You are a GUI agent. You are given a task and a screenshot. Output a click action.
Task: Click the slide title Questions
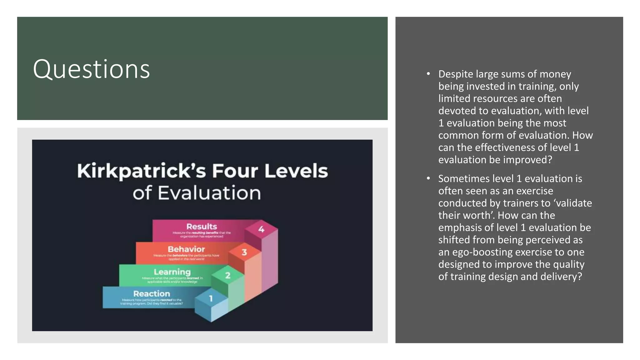tap(91, 69)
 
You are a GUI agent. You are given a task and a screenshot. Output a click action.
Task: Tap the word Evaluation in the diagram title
tap(209, 193)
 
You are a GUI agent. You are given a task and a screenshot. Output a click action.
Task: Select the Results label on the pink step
tap(202, 227)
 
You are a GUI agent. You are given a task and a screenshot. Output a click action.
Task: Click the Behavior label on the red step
tap(186, 249)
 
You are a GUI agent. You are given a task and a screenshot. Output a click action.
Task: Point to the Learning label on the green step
tap(172, 272)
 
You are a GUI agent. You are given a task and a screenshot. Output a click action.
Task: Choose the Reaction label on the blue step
tap(152, 294)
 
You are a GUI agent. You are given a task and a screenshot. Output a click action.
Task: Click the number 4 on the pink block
tap(261, 229)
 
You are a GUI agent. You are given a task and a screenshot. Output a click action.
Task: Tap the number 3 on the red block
tap(244, 252)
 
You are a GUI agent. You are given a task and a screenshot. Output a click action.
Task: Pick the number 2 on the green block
tap(227, 275)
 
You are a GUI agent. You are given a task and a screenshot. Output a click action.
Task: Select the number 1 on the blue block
tap(211, 298)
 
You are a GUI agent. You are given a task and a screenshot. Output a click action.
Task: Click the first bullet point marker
tap(428, 74)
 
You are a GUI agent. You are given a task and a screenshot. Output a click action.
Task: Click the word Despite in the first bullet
tap(456, 74)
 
